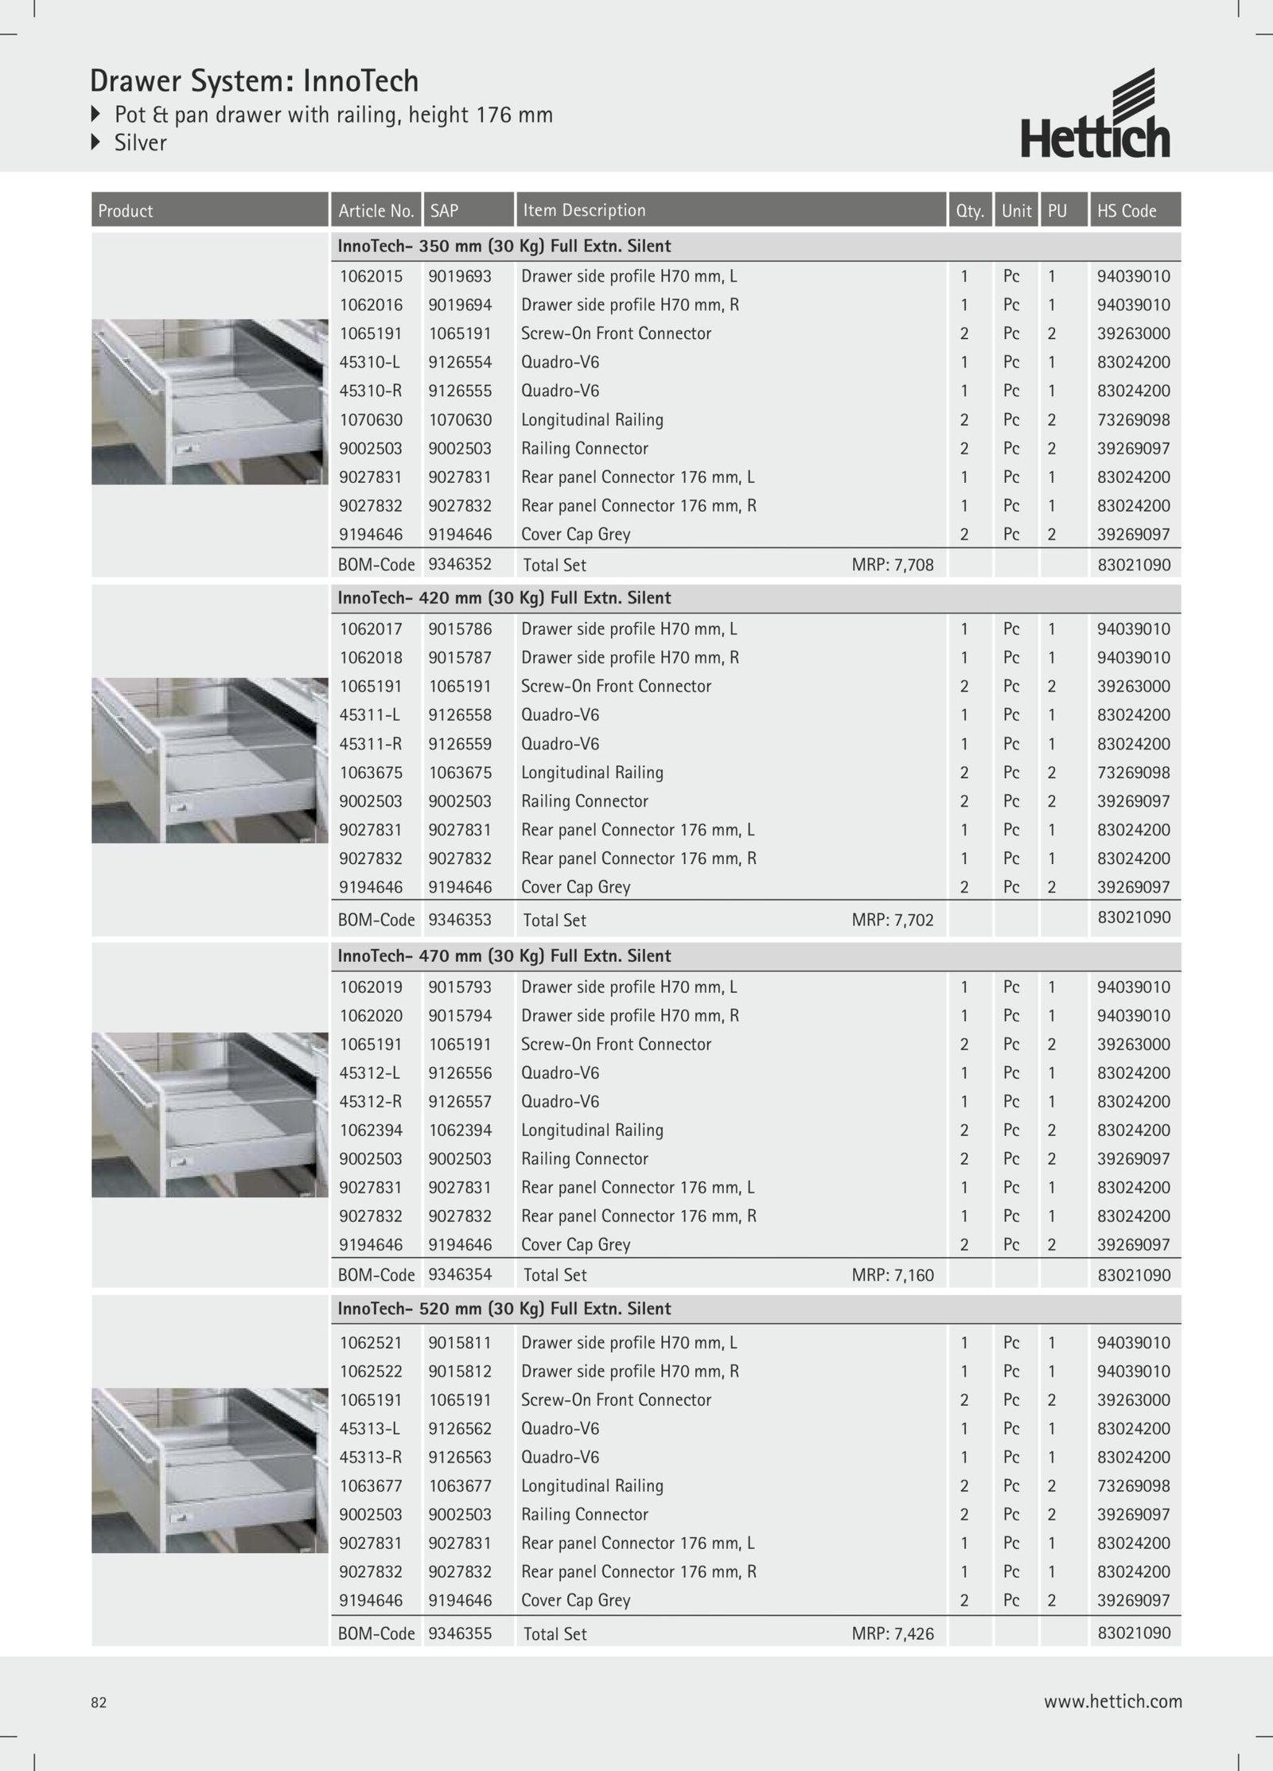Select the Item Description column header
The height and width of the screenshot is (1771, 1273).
pos(583,211)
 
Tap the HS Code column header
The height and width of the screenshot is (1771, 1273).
pos(1126,211)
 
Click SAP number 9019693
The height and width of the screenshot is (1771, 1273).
pos(460,277)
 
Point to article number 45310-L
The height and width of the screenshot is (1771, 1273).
pos(369,363)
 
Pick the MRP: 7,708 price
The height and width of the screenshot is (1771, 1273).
pos(893,566)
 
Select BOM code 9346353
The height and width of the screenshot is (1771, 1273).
pos(460,920)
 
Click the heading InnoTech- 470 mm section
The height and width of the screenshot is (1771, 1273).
pos(504,956)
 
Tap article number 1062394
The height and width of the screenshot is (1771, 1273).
pos(371,1131)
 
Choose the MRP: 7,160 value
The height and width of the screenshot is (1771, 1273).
pos(893,1275)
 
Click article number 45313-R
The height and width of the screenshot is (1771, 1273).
pos(370,1458)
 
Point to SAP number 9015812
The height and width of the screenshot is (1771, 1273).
pos(460,1372)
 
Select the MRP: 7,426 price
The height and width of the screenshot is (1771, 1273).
pos(893,1634)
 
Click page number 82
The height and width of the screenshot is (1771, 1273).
pos(99,1703)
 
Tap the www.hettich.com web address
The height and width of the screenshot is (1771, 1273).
pos(1112,1702)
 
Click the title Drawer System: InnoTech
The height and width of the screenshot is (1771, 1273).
pos(254,81)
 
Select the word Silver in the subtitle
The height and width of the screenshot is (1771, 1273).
pos(140,143)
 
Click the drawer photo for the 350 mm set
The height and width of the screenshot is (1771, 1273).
pos(209,402)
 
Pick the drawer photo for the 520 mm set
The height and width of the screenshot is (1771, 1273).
pos(209,1470)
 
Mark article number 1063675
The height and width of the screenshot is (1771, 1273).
pos(371,773)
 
